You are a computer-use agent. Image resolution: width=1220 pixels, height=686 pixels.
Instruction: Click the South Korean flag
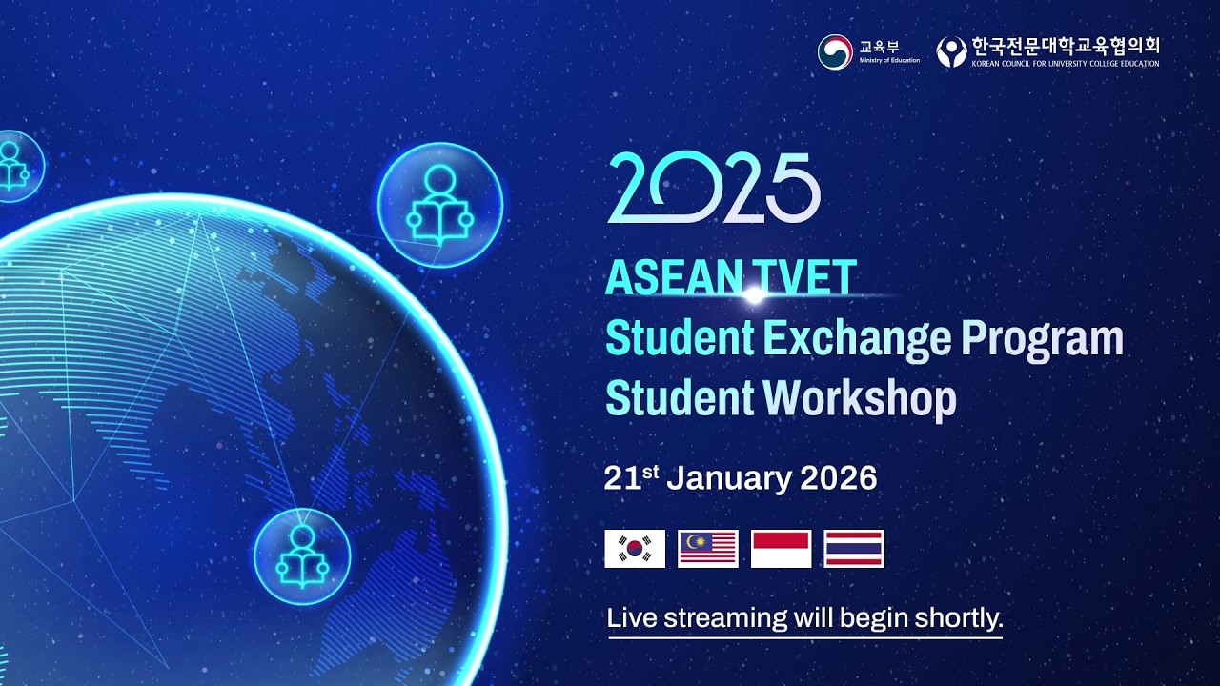pyautogui.click(x=635, y=549)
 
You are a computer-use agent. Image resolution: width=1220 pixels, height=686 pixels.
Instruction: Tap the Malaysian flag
pyautogui.click(x=708, y=549)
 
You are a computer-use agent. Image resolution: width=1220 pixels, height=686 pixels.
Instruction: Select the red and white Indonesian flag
pyautogui.click(x=782, y=549)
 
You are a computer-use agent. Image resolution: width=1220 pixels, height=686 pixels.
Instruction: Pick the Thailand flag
pyautogui.click(x=854, y=549)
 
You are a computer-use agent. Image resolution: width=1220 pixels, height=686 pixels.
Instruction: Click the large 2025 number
pyautogui.click(x=714, y=189)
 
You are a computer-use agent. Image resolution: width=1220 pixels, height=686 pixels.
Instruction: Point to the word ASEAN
pyautogui.click(x=667, y=277)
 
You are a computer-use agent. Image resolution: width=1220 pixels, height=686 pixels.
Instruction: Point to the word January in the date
pyautogui.click(x=728, y=477)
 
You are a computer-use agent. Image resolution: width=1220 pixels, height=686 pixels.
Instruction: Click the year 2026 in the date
pyautogui.click(x=839, y=477)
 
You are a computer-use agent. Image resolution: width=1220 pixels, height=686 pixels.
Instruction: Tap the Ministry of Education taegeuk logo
pyautogui.click(x=835, y=51)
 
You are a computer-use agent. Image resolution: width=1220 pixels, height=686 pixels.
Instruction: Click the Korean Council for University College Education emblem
pyautogui.click(x=951, y=51)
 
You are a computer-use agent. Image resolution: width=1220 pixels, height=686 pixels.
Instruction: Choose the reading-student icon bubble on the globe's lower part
pyautogui.click(x=302, y=556)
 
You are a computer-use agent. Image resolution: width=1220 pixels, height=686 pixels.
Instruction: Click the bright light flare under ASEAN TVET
pyautogui.click(x=753, y=296)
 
